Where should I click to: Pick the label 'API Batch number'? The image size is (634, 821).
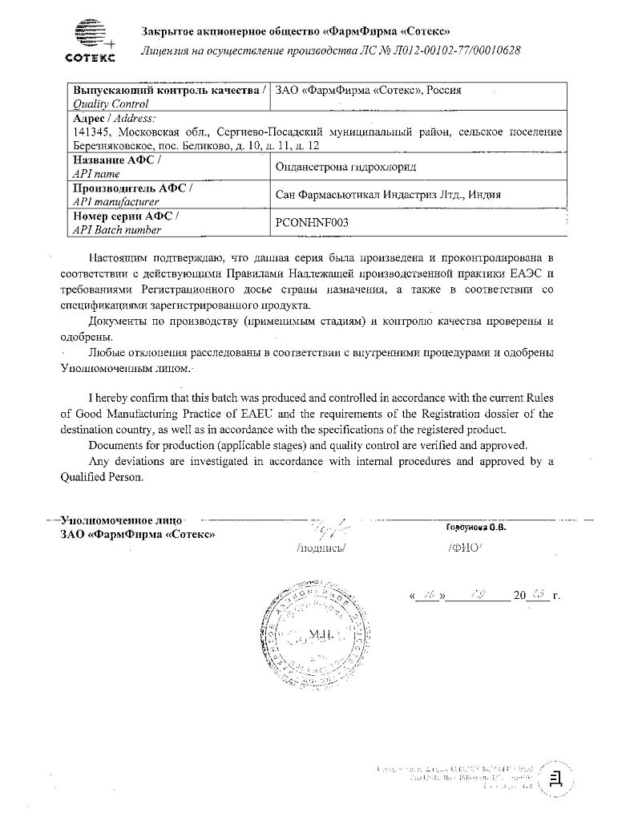[x=117, y=230]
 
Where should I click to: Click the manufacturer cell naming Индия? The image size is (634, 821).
[x=371, y=195]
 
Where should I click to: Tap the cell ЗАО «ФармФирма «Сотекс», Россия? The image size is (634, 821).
[x=368, y=90]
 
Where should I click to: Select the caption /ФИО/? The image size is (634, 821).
[x=464, y=550]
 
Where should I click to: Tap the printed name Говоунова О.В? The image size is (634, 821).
[x=476, y=528]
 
